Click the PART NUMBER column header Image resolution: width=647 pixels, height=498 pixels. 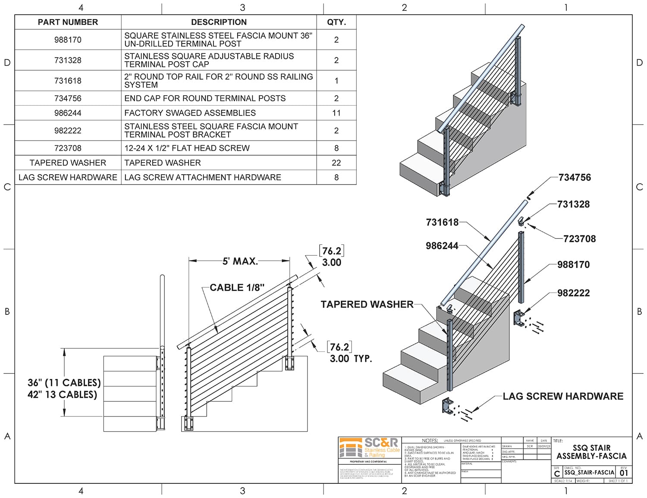68,22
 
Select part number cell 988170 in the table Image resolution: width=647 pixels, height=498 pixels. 68,40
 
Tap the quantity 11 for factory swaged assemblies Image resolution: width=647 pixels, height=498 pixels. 336,113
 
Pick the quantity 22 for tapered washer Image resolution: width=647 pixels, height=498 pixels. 336,163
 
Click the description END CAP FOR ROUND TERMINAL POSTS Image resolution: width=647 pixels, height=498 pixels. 205,98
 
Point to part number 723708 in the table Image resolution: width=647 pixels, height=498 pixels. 68,148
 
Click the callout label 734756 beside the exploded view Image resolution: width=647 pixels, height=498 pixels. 575,178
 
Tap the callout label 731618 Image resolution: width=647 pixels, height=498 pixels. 442,222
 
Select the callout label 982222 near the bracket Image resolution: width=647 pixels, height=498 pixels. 573,293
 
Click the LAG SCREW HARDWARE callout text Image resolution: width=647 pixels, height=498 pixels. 563,396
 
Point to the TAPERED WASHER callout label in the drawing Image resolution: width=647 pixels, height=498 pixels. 367,304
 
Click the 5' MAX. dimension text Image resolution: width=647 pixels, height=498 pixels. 240,261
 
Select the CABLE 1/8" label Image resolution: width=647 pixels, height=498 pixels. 237,288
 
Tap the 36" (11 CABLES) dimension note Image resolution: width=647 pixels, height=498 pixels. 64,383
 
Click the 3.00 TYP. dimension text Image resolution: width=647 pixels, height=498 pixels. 351,358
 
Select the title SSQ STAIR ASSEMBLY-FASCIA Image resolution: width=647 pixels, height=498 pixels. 591,452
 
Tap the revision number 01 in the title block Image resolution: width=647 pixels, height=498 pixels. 624,473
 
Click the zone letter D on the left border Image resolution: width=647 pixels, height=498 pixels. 7,63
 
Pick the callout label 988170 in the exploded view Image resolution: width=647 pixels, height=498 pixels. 573,265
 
